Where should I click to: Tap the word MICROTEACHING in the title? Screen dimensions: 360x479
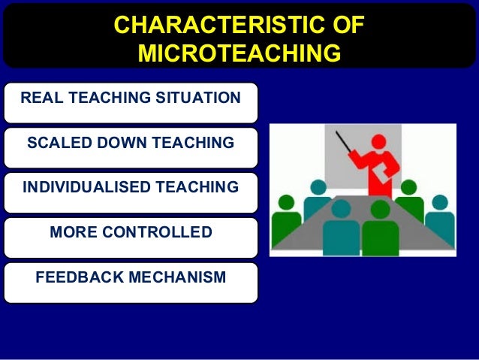coord(239,53)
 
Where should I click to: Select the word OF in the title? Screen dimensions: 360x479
coord(346,26)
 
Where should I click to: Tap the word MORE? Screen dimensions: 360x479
coord(73,232)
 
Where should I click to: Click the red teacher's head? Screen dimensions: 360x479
coord(379,141)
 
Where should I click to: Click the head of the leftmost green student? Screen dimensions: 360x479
coord(287,202)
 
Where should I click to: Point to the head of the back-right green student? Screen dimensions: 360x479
coord(409,187)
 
